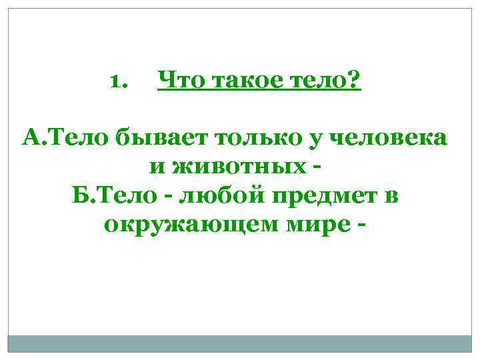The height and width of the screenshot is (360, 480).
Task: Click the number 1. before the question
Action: click(x=117, y=83)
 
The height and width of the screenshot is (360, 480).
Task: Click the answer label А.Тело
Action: click(x=66, y=139)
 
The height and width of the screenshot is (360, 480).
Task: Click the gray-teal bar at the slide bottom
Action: click(x=239, y=343)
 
